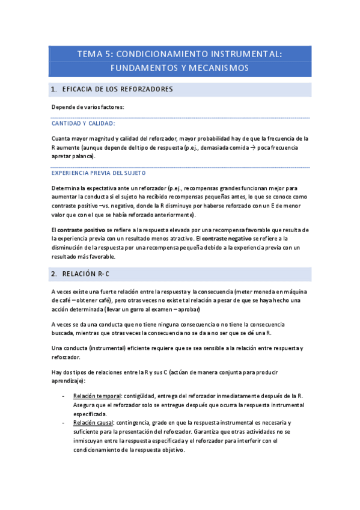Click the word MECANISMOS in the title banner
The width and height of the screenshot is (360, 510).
(x=217, y=68)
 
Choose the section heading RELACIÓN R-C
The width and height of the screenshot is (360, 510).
(x=85, y=274)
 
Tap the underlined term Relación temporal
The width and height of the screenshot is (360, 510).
(x=96, y=396)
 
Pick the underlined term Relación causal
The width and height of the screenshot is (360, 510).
(x=93, y=422)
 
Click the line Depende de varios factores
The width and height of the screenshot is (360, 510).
(x=88, y=107)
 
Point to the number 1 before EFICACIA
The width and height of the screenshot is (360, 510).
(x=55, y=90)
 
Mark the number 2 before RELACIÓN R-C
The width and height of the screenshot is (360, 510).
(x=55, y=274)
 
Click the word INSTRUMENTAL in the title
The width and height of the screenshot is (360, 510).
(x=246, y=54)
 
